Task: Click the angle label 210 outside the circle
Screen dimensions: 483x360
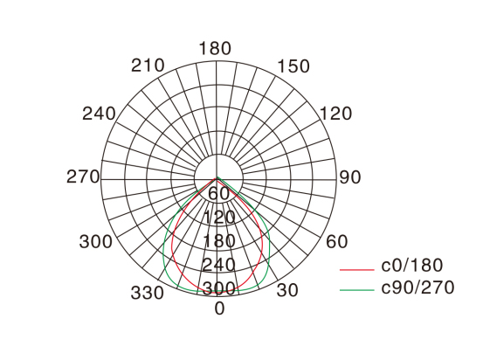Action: pyautogui.click(x=148, y=66)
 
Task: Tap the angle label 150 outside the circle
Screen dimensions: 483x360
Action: pyautogui.click(x=293, y=66)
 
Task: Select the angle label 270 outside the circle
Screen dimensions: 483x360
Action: pyautogui.click(x=83, y=177)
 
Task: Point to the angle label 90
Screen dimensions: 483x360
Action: pyautogui.click(x=350, y=177)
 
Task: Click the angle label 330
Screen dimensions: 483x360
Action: pyautogui.click(x=148, y=293)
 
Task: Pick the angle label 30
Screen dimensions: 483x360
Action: pyautogui.click(x=287, y=290)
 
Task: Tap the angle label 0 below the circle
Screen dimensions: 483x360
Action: pyautogui.click(x=219, y=308)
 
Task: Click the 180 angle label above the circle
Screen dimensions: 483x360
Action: pyautogui.click(x=215, y=49)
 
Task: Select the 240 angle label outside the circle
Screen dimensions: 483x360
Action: pyautogui.click(x=99, y=114)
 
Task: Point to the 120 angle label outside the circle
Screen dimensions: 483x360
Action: pyautogui.click(x=336, y=114)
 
